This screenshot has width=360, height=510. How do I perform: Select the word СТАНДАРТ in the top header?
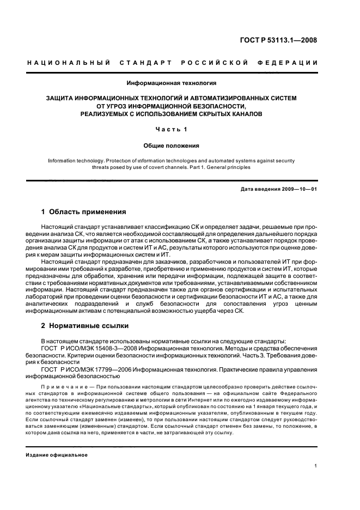click(143, 63)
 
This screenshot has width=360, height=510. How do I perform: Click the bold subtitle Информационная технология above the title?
click(172, 83)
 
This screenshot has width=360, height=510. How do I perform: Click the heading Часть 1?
click(172, 130)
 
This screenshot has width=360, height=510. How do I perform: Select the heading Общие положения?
click(172, 145)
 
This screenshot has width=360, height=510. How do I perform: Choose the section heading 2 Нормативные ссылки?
click(85, 326)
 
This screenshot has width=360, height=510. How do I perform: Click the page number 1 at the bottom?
click(316, 466)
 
